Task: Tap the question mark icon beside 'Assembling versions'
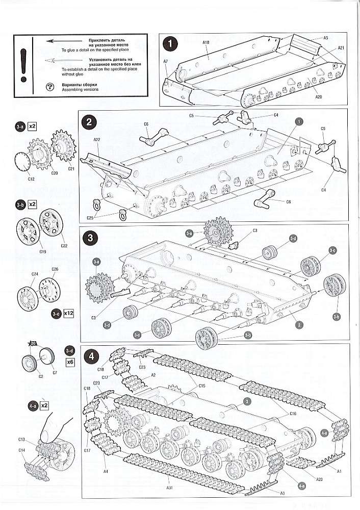click(49, 87)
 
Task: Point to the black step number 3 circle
click(90, 238)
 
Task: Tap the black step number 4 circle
click(90, 356)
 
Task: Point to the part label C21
click(71, 168)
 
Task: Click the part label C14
click(21, 450)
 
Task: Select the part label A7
click(166, 61)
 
